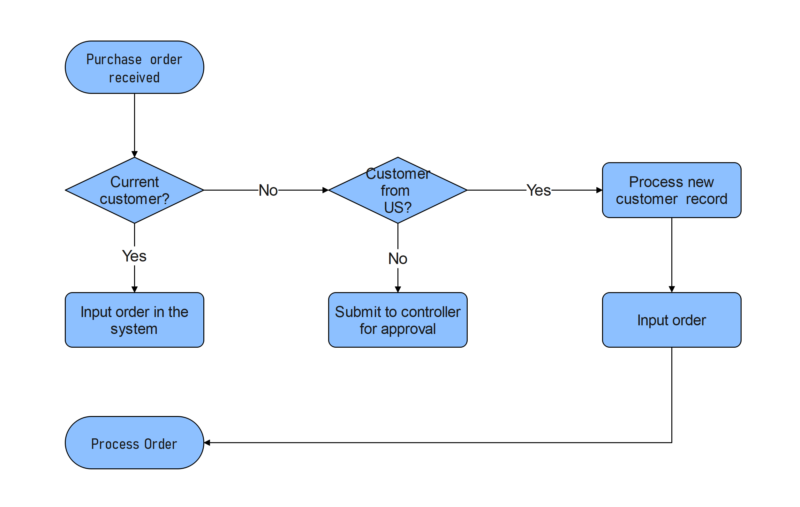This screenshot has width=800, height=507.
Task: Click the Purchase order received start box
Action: pyautogui.click(x=134, y=67)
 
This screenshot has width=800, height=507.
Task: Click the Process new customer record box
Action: pyautogui.click(x=671, y=190)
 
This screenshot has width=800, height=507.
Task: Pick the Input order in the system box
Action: pyautogui.click(x=134, y=320)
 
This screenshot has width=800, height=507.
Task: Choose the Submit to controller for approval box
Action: pyautogui.click(x=398, y=320)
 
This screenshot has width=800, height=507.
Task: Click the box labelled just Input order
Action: pyautogui.click(x=671, y=320)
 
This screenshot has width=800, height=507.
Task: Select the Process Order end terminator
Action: pyautogui.click(x=134, y=443)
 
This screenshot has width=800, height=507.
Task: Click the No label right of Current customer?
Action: pyautogui.click(x=268, y=190)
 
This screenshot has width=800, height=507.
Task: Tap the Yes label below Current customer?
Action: pyautogui.click(x=134, y=256)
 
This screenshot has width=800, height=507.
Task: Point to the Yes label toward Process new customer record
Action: pyautogui.click(x=539, y=190)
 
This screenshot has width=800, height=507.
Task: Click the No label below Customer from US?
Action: pyautogui.click(x=398, y=259)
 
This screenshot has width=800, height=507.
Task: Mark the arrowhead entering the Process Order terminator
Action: pyautogui.click(x=207, y=443)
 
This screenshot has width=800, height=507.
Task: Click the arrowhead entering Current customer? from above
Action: pyautogui.click(x=134, y=154)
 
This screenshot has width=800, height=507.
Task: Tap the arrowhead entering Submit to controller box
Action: pyautogui.click(x=398, y=289)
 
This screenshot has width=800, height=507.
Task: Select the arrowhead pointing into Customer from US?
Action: pyautogui.click(x=325, y=190)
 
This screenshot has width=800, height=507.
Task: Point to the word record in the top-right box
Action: pyautogui.click(x=706, y=199)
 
